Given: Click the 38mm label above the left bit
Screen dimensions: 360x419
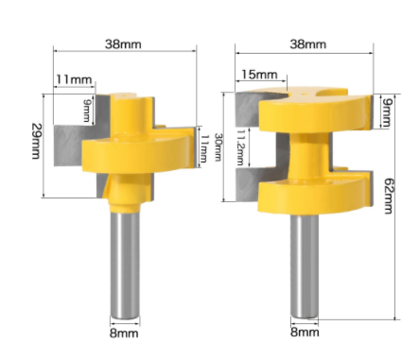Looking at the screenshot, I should pyautogui.click(x=127, y=43).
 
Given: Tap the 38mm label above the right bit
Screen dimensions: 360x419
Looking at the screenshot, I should pyautogui.click(x=306, y=43).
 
